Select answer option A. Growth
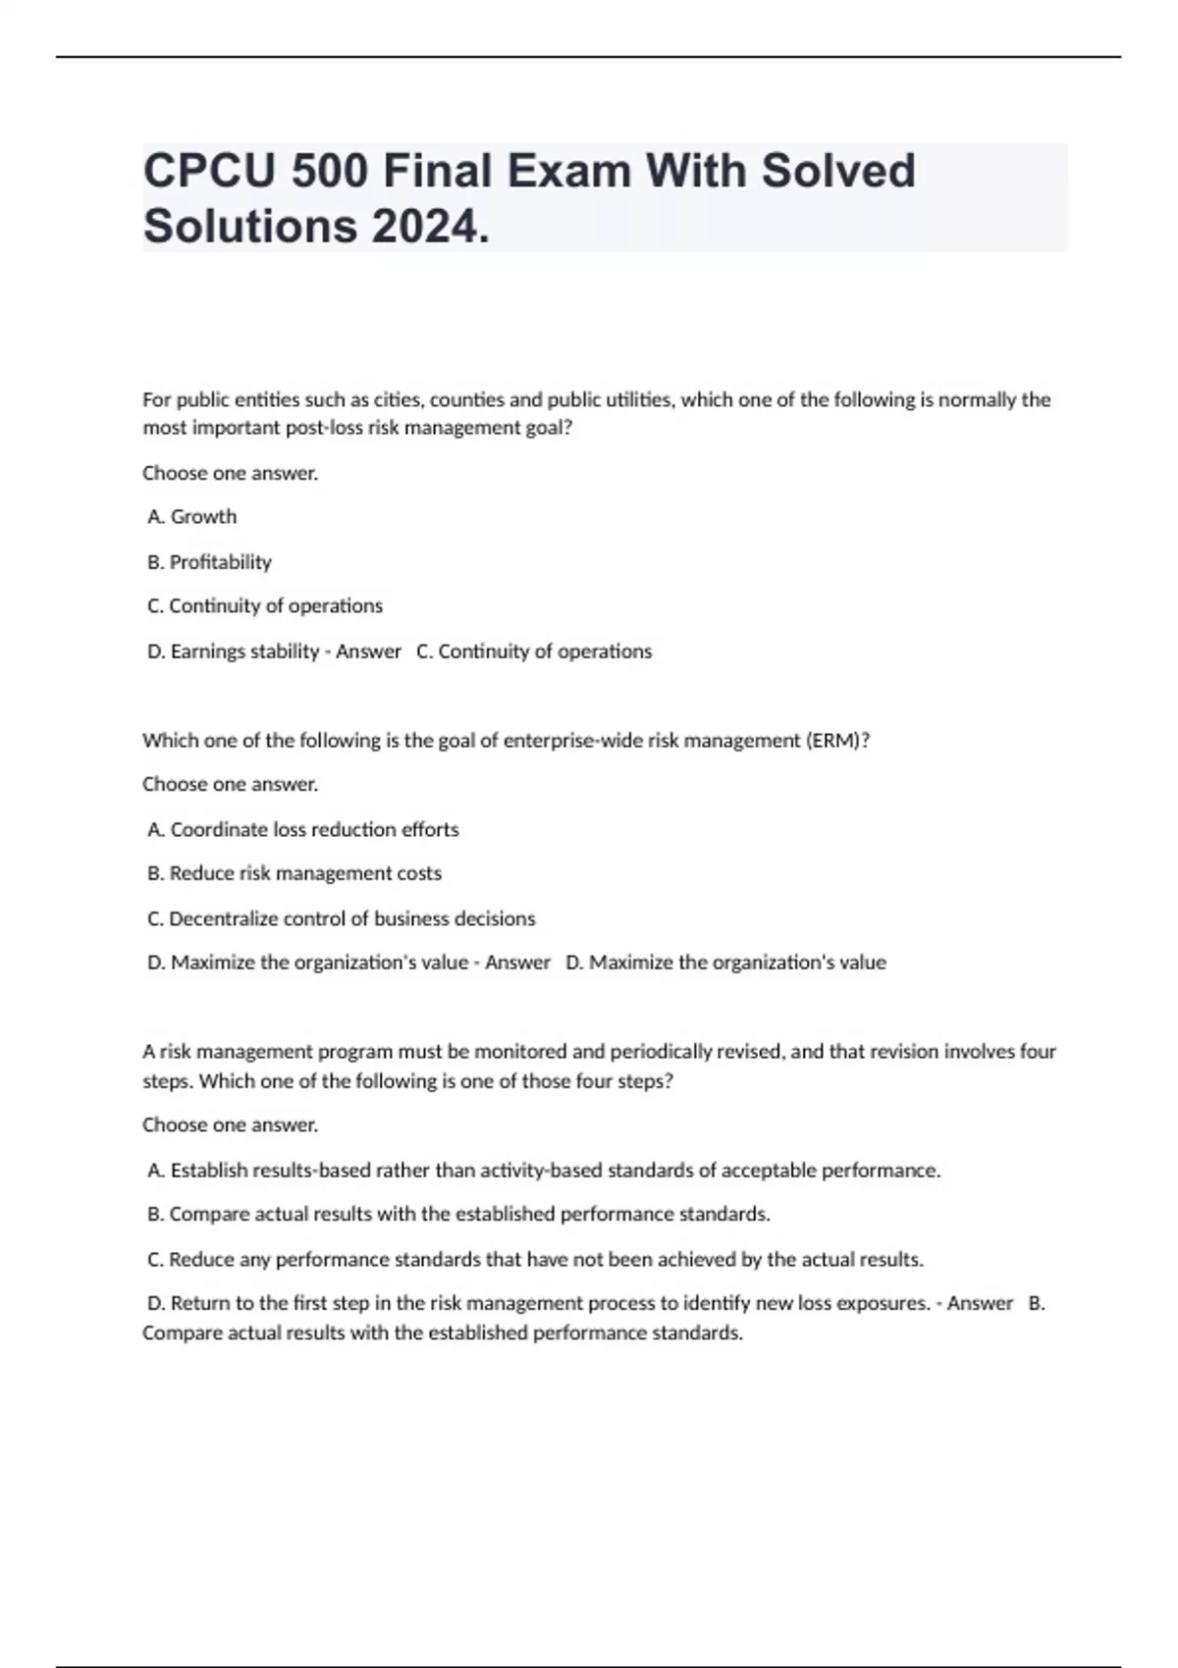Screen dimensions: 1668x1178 coord(192,516)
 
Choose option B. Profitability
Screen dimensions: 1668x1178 coord(209,561)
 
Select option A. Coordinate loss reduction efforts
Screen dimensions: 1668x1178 coord(303,829)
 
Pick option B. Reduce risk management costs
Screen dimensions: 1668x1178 coord(294,872)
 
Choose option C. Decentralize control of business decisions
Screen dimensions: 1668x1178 coord(342,918)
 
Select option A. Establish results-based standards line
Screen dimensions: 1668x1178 coord(544,1170)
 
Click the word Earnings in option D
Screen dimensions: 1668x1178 coord(206,651)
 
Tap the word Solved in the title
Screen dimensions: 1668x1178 coord(837,171)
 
